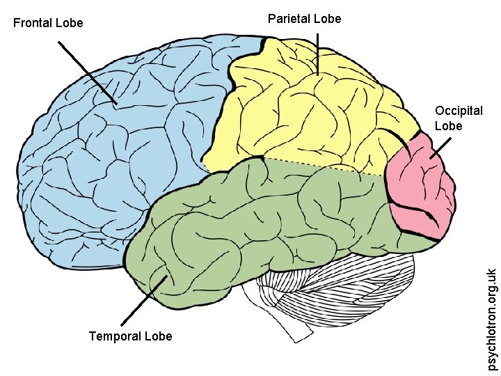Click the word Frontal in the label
click(x=32, y=23)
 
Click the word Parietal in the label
click(x=287, y=19)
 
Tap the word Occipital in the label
click(x=459, y=111)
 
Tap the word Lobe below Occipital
click(x=448, y=126)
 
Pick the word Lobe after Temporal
click(x=158, y=336)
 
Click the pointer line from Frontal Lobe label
click(x=87, y=72)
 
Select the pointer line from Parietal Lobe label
click(x=317, y=52)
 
